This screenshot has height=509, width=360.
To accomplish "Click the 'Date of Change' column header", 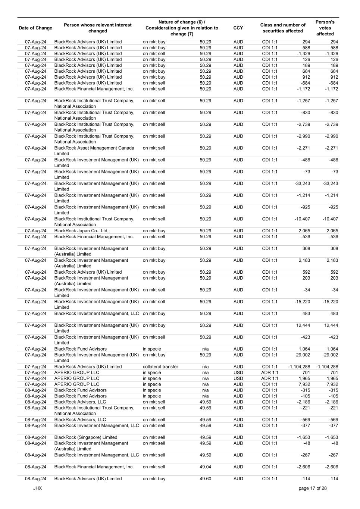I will (x=35, y=28).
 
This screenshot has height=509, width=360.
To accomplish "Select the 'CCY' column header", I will (x=238, y=28).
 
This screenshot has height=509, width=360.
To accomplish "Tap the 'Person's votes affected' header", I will (x=325, y=28).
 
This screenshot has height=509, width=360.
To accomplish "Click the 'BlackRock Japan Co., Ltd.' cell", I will (x=81, y=231).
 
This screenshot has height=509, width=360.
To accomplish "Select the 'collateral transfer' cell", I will (x=160, y=367).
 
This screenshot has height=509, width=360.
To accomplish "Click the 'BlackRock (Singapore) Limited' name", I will (x=86, y=437).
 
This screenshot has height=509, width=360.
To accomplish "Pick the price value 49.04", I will (x=205, y=467).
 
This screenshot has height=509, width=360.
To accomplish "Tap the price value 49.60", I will (x=205, y=479).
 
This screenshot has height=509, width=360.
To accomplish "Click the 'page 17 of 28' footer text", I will (x=313, y=488).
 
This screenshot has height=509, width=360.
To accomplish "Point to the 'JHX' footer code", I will (x=37, y=488).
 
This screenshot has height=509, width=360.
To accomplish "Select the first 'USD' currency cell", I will (x=238, y=373).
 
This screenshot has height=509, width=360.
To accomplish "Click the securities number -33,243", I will (x=302, y=183).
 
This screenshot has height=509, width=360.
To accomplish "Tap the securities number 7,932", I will (x=304, y=384).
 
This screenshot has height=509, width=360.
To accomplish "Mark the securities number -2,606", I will (x=303, y=467).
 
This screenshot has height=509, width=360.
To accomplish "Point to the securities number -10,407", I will (x=302, y=219).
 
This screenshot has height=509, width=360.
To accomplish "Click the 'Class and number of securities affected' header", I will (x=283, y=28).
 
